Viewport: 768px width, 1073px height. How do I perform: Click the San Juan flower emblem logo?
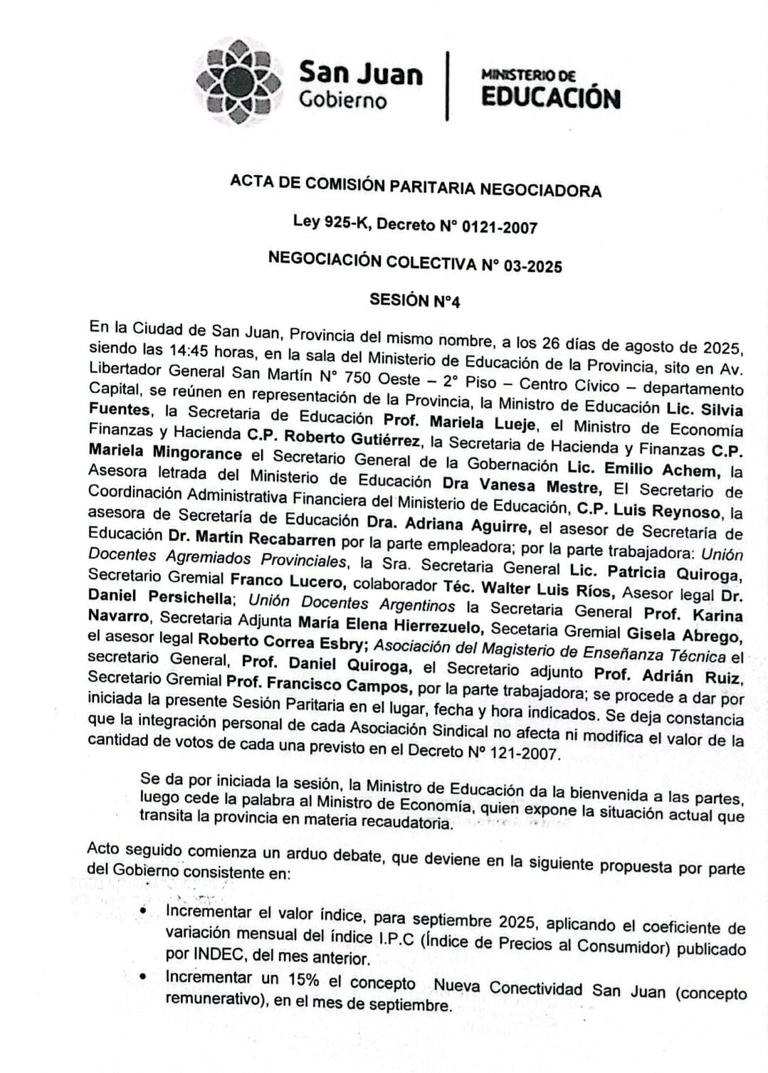pos(238,82)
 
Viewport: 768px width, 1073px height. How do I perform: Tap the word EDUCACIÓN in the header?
pos(550,97)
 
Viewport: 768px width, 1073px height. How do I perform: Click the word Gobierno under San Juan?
pos(343,100)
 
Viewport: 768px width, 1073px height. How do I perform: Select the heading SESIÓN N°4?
pos(414,300)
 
